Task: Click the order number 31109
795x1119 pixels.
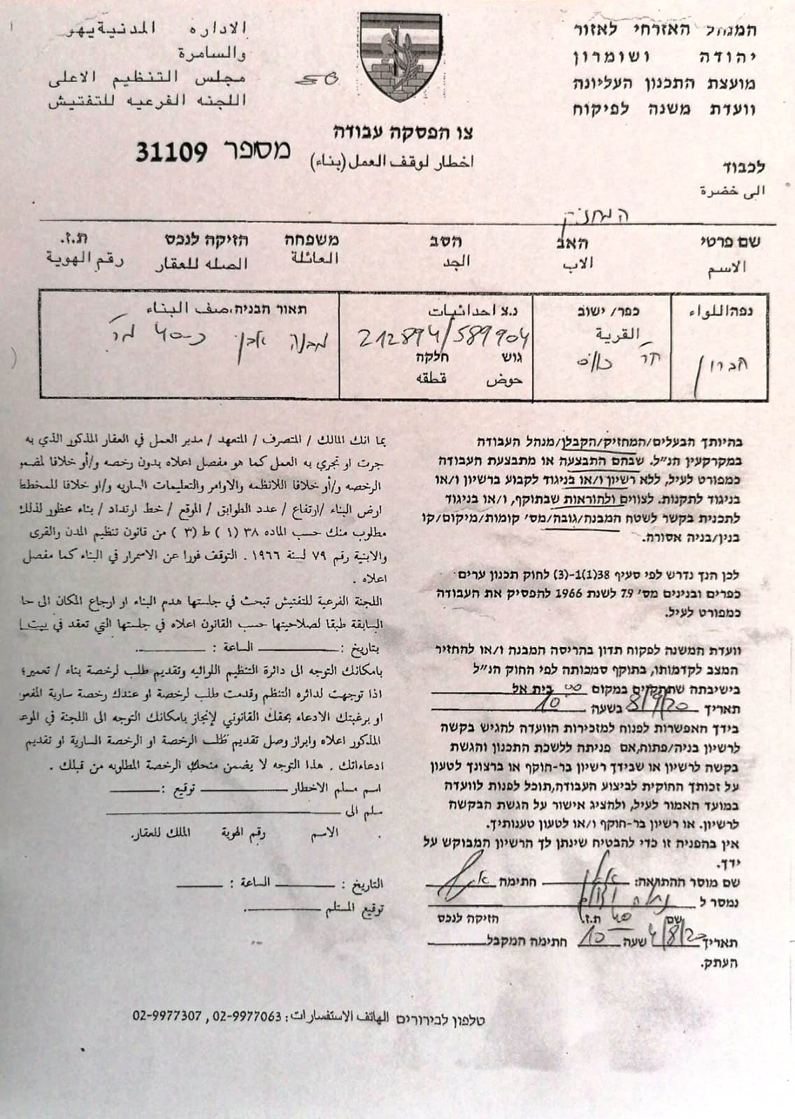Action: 171,150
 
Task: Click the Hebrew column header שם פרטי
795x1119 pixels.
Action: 731,243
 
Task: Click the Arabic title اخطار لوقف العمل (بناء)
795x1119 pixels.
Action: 392,162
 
